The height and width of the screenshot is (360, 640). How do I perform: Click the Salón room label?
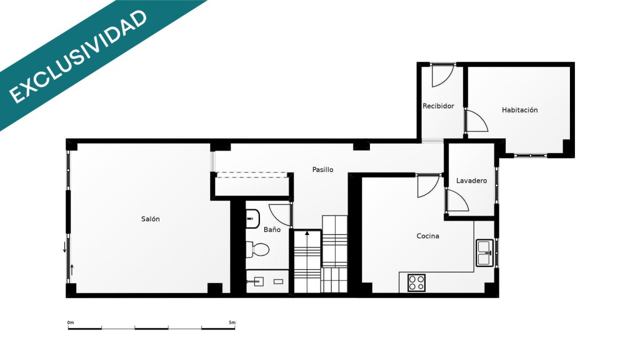click(150, 219)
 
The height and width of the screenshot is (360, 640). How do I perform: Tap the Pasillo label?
click(323, 169)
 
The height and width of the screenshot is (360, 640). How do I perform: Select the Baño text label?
click(272, 229)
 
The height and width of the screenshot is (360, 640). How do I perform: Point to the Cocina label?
click(427, 236)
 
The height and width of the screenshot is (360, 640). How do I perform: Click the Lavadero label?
click(471, 181)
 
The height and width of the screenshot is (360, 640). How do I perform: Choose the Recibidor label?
click(438, 106)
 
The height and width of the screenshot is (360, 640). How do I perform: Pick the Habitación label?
click(519, 110)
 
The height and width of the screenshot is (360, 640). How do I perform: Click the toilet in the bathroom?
click(257, 249)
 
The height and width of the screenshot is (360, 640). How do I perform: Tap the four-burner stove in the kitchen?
click(416, 283)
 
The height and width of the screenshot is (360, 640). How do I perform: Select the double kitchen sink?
click(484, 253)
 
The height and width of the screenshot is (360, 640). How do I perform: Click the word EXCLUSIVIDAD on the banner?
click(78, 56)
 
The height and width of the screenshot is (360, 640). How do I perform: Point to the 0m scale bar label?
click(71, 323)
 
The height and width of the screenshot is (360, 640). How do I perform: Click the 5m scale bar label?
click(232, 323)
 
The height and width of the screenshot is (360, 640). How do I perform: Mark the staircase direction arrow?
click(307, 234)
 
